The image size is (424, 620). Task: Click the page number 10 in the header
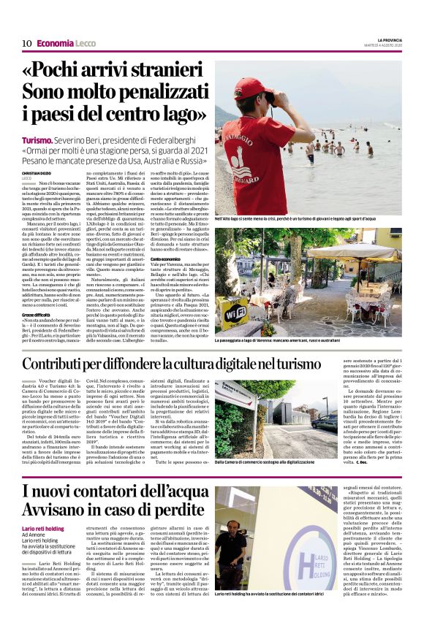click(x=26, y=43)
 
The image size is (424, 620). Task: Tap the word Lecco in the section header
click(x=86, y=43)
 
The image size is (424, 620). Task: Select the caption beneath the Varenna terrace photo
click(x=308, y=340)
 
